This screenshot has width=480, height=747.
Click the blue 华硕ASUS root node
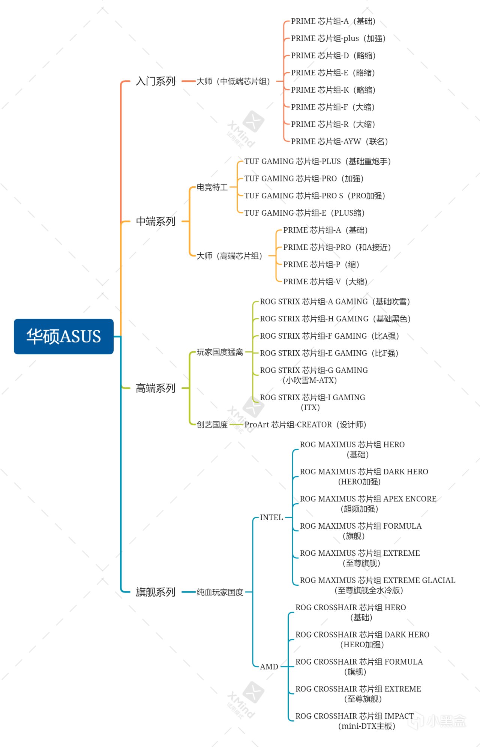pyautogui.click(x=64, y=336)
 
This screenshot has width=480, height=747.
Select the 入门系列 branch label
pyautogui.click(x=156, y=81)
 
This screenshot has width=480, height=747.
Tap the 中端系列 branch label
pyautogui.click(x=156, y=221)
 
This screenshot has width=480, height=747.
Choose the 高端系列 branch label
pyautogui.click(x=156, y=388)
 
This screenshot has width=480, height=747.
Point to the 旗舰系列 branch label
pyautogui.click(x=156, y=592)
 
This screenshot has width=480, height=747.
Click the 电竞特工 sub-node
pyautogui.click(x=212, y=187)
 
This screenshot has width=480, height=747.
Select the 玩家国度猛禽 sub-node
pyautogui.click(x=220, y=352)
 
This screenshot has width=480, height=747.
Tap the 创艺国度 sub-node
pyautogui.click(x=212, y=424)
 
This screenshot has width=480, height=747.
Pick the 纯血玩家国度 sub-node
pyautogui.click(x=220, y=592)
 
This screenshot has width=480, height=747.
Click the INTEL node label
pyautogui.click(x=271, y=517)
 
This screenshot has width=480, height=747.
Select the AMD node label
pyautogui.click(x=269, y=667)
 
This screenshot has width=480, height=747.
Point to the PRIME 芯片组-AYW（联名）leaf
pyautogui.click(x=340, y=141)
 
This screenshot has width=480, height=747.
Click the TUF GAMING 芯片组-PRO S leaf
pyautogui.click(x=315, y=196)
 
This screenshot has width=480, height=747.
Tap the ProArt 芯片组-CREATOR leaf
pyautogui.click(x=306, y=424)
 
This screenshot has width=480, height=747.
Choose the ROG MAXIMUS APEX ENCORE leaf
pyautogui.click(x=368, y=504)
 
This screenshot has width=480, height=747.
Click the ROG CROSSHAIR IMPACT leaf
pyautogui.click(x=355, y=721)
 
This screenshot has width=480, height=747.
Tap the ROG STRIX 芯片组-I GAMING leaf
pyautogui.click(x=313, y=402)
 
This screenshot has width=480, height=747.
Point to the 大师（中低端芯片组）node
pyautogui.click(x=234, y=81)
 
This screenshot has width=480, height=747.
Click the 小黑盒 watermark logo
pyautogui.click(x=437, y=721)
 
